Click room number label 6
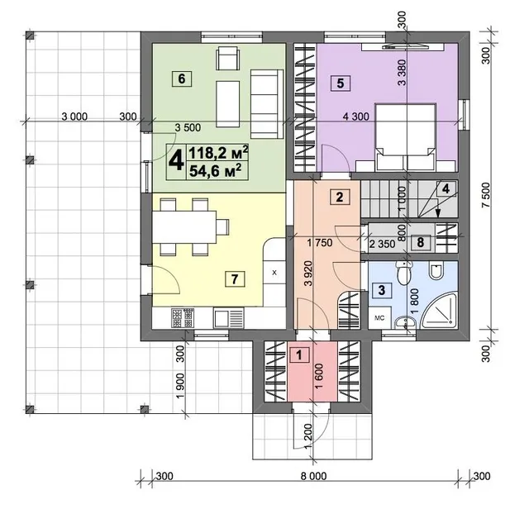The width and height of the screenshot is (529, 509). (182, 79)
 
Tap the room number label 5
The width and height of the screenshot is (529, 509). (341, 83)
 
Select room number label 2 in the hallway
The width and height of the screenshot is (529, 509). (340, 197)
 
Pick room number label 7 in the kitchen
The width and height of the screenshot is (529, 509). (235, 279)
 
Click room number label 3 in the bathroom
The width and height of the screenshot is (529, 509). (382, 290)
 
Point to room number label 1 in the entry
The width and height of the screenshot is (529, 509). (299, 354)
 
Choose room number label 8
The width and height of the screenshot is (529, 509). (421, 242)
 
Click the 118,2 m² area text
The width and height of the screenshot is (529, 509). (218, 154)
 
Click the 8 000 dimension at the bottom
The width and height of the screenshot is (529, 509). (314, 476)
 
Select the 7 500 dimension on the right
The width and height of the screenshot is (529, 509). (486, 195)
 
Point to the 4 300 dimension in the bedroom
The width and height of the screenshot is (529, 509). (356, 117)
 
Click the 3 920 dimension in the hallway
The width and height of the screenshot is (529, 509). (308, 274)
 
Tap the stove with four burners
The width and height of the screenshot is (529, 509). (183, 318)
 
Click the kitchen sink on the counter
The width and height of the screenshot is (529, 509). (228, 319)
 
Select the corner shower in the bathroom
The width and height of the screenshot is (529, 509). (439, 311)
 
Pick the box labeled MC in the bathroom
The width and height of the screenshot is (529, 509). (379, 318)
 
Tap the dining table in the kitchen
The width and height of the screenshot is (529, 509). (184, 227)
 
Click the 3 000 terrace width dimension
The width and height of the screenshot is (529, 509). (74, 117)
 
